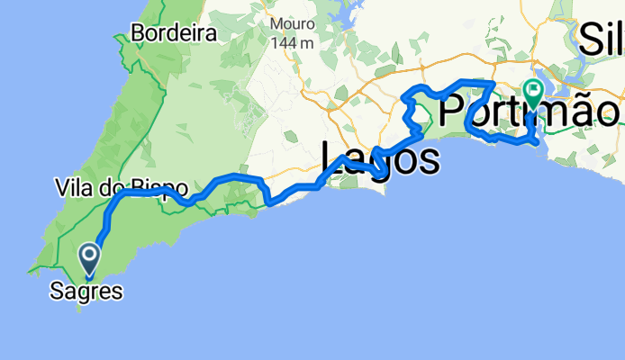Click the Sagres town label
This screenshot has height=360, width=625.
87,291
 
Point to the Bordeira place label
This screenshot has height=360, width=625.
175,34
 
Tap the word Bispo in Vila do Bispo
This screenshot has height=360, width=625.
163,189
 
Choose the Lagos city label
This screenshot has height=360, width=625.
381,159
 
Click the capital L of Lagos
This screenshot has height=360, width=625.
332,159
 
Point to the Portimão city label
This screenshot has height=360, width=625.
530,112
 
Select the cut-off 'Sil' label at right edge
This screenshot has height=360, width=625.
602,39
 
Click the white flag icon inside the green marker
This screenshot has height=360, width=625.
533,90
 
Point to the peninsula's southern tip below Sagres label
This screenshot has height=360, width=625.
82,308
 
